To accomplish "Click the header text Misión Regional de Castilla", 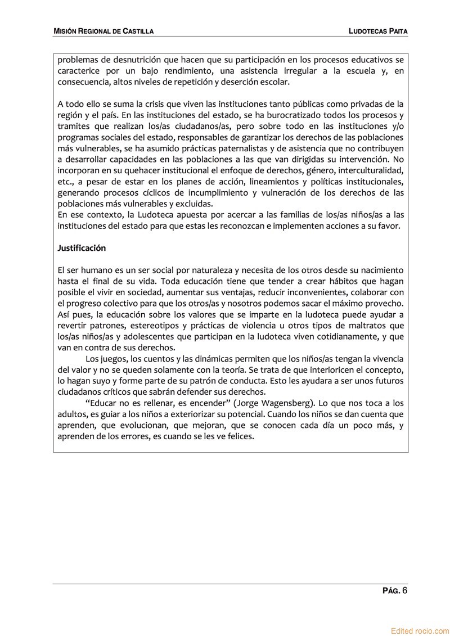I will click(103, 31).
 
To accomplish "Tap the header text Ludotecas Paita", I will click(377, 31).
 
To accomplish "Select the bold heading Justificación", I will click(82, 248).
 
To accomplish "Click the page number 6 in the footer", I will click(404, 590).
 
